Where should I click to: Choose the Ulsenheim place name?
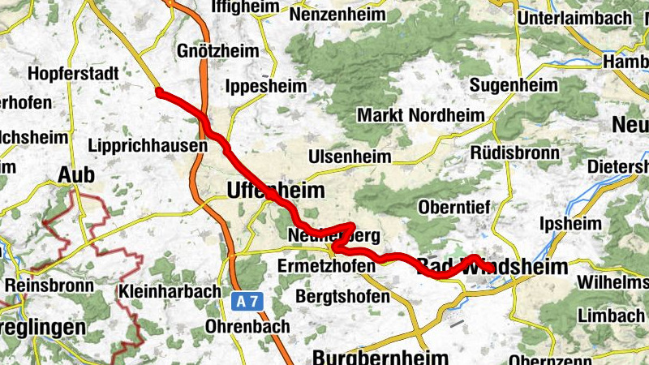[349, 157]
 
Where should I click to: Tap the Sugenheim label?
[514, 85]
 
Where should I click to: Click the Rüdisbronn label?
[515, 152]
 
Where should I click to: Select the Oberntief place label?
[453, 208]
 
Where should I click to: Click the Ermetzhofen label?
[328, 267]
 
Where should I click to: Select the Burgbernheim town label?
[380, 358]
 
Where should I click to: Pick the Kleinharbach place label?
[170, 290]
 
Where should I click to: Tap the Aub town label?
[76, 174]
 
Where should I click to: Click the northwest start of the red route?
[159, 92]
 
